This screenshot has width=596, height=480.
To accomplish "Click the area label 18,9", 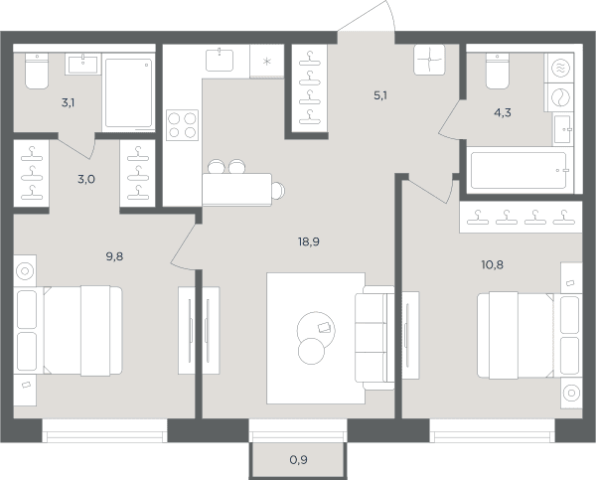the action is (309, 241).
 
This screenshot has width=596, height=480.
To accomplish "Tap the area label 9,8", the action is (114, 256).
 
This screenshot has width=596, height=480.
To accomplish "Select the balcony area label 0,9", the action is (298, 460).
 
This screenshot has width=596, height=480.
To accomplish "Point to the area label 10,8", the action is (493, 264).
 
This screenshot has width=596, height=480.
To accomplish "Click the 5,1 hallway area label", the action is (380, 95).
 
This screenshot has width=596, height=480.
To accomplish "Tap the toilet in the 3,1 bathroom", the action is (37, 71).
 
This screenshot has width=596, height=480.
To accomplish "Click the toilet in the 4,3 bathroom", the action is (498, 72).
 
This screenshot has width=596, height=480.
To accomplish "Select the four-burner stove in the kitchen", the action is (182, 125).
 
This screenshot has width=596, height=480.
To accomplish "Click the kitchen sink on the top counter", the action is (220, 60).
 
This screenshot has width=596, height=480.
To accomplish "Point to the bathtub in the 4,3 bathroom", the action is (519, 171).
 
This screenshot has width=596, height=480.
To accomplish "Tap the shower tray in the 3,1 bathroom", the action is (128, 92).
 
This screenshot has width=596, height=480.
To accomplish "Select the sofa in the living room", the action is (374, 338).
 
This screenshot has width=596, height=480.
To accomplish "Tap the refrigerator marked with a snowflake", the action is (267, 61).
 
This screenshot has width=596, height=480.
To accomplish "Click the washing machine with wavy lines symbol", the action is (560, 69).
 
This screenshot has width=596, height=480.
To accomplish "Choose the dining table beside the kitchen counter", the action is (236, 190).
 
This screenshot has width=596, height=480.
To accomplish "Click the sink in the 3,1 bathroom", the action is (82, 64).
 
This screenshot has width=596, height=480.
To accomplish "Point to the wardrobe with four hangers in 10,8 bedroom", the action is (521, 218).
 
